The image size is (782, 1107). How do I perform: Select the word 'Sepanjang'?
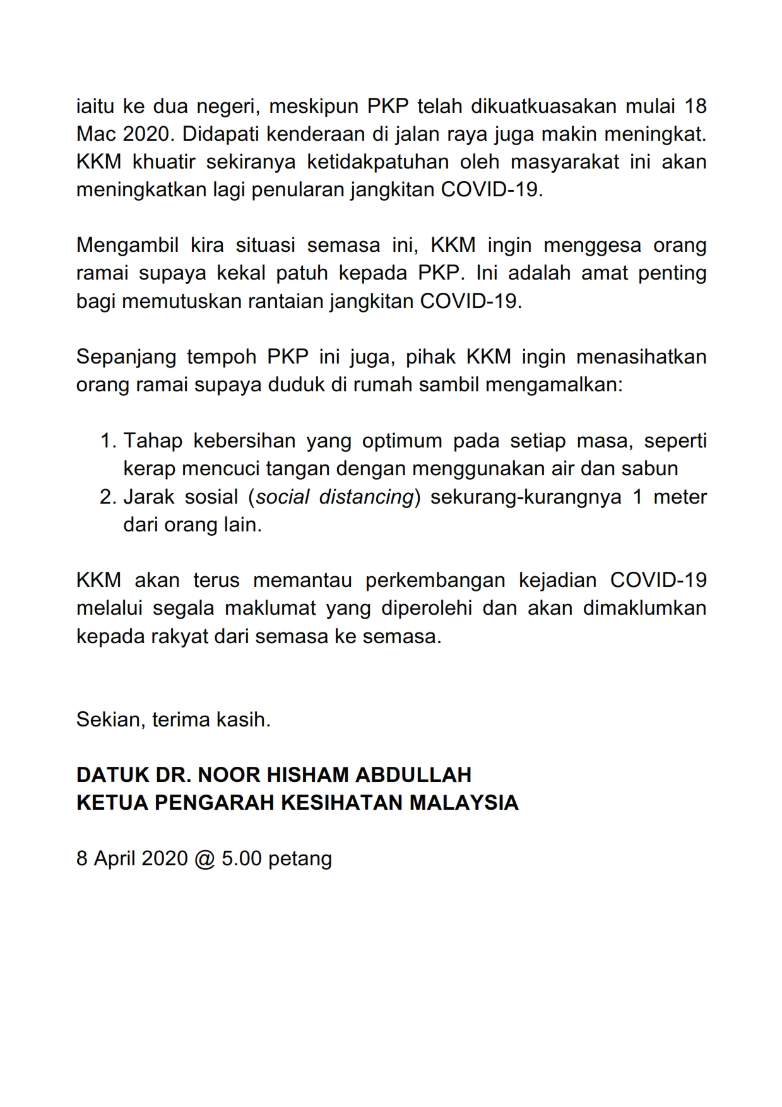coord(126,357)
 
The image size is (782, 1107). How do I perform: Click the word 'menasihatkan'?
coord(641,357)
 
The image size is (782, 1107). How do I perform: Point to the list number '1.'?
coord(109,441)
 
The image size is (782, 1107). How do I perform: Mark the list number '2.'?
coord(109,497)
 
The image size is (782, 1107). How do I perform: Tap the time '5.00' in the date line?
coord(241,858)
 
